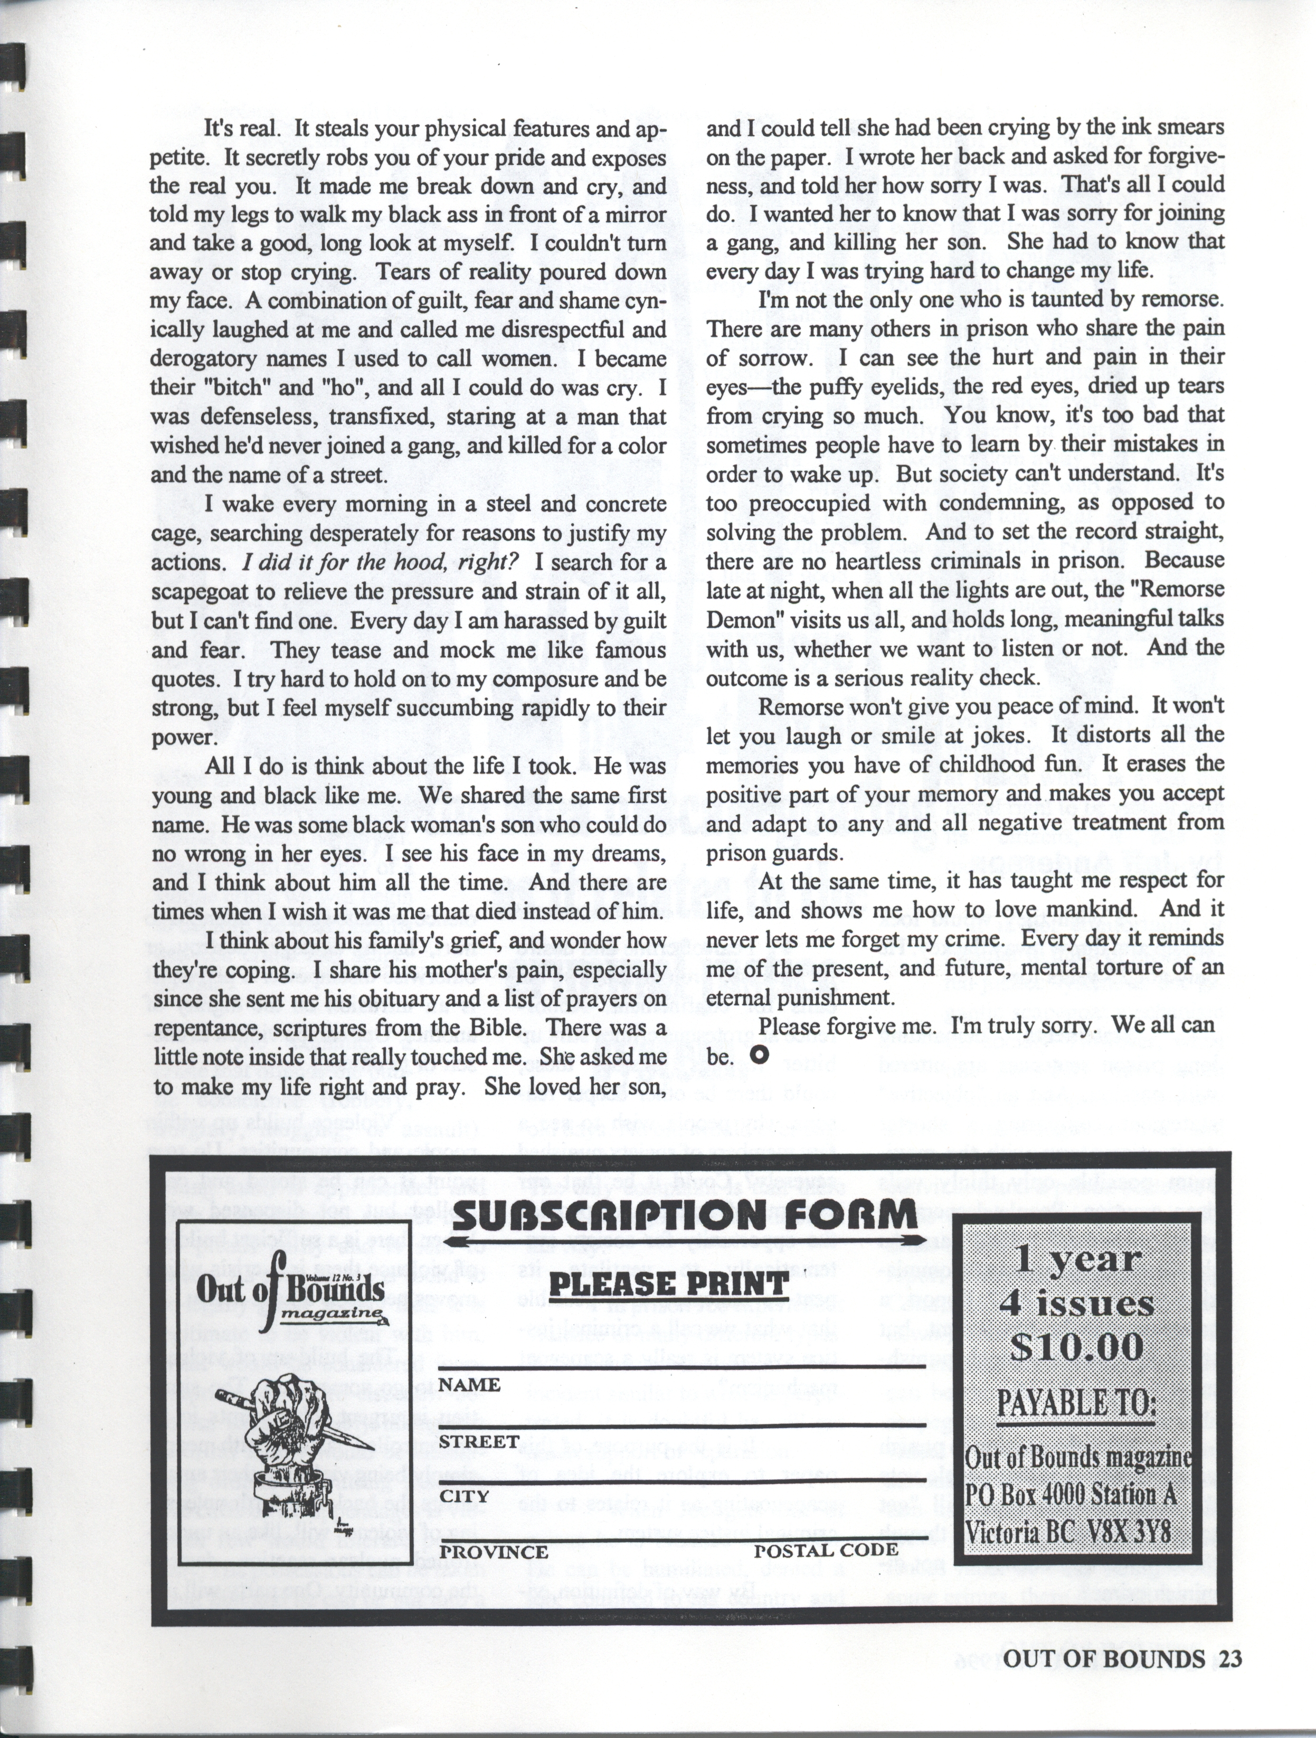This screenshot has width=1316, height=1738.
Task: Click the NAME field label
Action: pos(469,1384)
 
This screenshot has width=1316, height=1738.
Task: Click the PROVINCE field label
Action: pos(494,1552)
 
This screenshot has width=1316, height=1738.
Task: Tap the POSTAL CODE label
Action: pos(825,1550)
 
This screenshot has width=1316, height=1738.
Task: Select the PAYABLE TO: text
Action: pos(1076,1401)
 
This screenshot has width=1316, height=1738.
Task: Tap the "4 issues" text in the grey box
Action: pos(1076,1304)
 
